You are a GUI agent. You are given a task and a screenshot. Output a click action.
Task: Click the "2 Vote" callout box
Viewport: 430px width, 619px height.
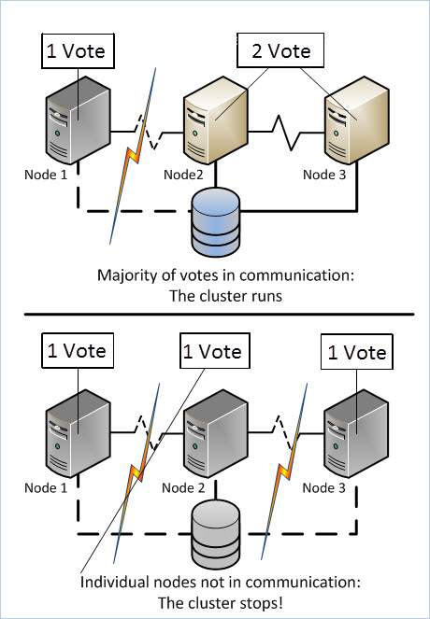click(280, 51)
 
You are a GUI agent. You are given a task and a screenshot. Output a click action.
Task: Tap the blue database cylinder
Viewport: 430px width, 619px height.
click(215, 222)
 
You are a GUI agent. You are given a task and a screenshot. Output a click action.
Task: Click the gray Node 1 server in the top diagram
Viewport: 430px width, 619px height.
click(78, 120)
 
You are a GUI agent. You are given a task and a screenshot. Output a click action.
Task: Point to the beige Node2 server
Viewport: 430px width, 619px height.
click(215, 120)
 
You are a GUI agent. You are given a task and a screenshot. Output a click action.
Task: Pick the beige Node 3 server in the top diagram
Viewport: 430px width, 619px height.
click(357, 120)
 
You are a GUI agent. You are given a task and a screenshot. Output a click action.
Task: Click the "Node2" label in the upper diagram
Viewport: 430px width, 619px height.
click(183, 175)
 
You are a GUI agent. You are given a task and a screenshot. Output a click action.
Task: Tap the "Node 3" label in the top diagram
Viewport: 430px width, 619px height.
click(324, 175)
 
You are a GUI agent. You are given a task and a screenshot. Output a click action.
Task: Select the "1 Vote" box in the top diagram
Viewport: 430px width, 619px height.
click(77, 51)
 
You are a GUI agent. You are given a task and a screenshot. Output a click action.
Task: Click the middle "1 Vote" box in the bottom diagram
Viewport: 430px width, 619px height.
click(215, 352)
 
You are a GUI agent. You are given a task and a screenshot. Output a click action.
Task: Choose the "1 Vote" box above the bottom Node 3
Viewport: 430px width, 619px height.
click(356, 353)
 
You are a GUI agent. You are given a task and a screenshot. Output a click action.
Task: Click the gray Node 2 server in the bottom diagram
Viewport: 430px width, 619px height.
click(215, 433)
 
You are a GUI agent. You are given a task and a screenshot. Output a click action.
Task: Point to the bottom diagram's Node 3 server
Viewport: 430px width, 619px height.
click(357, 433)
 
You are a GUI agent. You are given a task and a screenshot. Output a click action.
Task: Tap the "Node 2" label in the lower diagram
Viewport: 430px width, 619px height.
click(183, 488)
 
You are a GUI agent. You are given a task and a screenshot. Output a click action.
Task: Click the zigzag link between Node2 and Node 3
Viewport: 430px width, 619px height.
click(286, 133)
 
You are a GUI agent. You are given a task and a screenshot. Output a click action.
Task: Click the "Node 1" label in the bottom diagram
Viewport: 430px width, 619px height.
click(46, 488)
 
